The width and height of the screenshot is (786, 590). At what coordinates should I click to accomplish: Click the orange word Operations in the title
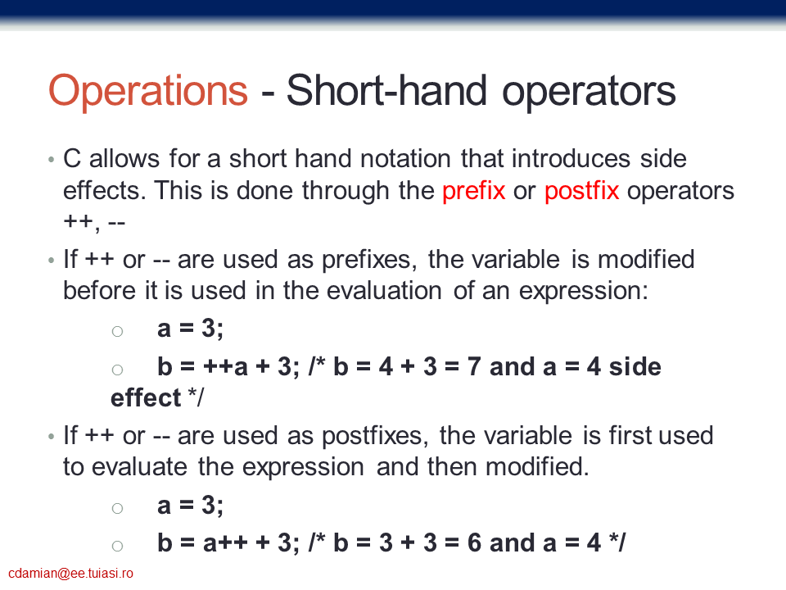[148, 91]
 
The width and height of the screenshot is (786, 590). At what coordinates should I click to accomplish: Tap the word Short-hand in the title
[386, 90]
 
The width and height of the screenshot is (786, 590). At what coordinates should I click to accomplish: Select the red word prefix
[474, 191]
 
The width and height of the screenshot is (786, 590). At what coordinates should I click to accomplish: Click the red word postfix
[581, 191]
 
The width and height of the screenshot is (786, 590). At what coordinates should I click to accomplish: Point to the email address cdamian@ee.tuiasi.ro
[70, 574]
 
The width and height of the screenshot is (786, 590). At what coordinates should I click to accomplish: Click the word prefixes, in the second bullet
[369, 261]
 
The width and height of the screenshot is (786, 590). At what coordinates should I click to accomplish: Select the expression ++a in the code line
[226, 367]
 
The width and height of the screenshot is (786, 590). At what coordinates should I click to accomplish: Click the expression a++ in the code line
[226, 542]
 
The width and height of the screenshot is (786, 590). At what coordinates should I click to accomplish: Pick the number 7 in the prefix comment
[474, 367]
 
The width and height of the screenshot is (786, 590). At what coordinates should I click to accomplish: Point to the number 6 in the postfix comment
[474, 542]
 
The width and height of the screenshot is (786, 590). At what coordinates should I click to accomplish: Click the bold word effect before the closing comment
[146, 398]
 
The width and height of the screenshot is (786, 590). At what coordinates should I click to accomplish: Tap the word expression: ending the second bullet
[584, 292]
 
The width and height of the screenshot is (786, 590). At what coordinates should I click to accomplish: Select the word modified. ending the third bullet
[537, 467]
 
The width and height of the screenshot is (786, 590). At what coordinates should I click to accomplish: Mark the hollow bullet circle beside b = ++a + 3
[117, 370]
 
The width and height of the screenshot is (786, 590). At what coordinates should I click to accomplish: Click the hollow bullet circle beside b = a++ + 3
[117, 547]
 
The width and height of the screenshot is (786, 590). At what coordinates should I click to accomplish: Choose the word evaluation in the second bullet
[362, 291]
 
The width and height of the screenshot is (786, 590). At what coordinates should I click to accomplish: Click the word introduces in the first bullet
[571, 159]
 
